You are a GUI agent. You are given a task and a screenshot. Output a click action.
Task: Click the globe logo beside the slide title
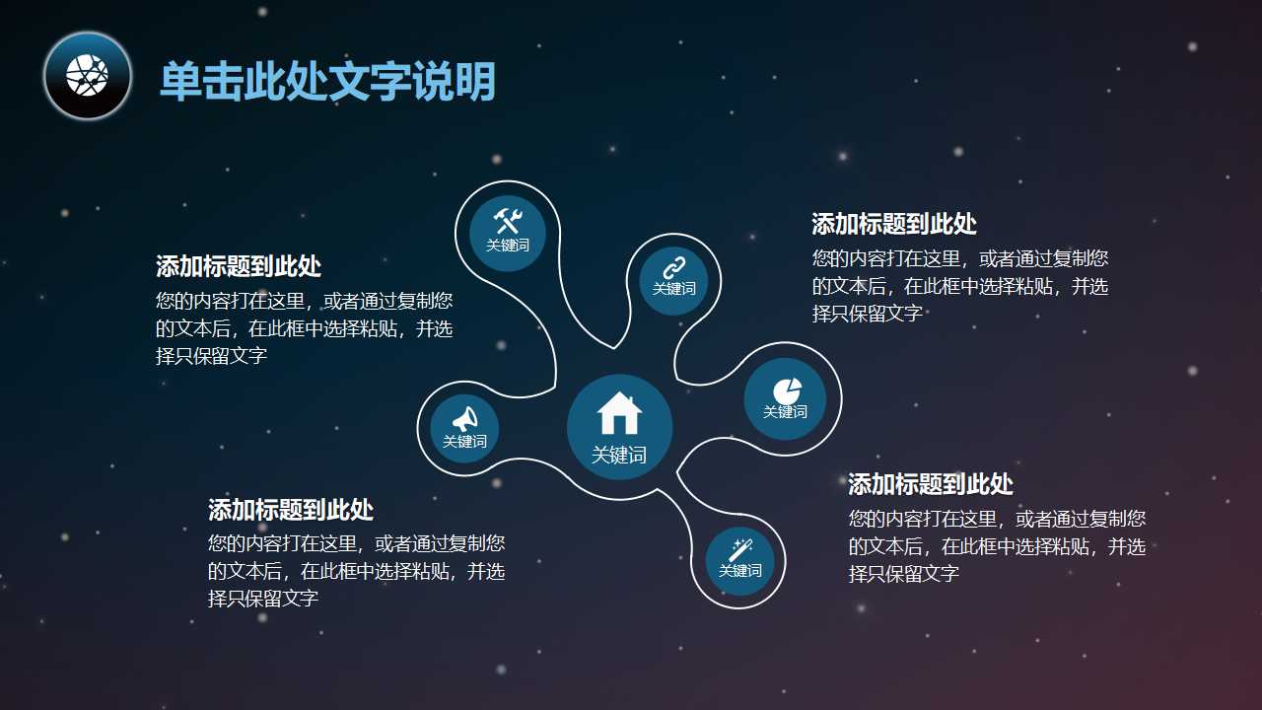(x=88, y=76)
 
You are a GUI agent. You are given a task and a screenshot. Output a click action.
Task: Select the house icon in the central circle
(x=619, y=413)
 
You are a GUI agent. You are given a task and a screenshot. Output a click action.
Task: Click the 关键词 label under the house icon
(x=619, y=455)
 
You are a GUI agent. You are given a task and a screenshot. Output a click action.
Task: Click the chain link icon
(x=673, y=266)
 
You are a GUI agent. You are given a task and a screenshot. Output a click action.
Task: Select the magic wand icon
(x=740, y=549)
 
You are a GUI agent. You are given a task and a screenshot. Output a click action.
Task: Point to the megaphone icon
(x=464, y=418)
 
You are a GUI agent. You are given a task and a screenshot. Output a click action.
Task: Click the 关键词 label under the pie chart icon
(x=785, y=411)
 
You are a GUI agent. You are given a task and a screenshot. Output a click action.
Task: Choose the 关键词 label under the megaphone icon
(x=464, y=441)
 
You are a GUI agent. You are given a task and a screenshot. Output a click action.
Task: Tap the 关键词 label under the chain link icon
(x=673, y=288)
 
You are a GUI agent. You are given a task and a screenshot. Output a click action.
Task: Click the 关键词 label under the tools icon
(x=507, y=245)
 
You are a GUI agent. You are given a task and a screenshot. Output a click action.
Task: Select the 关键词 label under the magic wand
(x=739, y=570)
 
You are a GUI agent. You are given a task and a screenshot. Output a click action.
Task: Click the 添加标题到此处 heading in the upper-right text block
(x=893, y=224)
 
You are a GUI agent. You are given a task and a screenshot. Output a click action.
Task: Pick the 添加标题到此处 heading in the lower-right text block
(x=930, y=484)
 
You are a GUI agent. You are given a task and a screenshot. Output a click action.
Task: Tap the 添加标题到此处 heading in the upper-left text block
(x=238, y=266)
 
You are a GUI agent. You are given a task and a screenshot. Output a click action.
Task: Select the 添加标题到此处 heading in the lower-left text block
(x=290, y=510)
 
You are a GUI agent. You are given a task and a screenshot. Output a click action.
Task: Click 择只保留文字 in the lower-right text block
(x=903, y=574)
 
